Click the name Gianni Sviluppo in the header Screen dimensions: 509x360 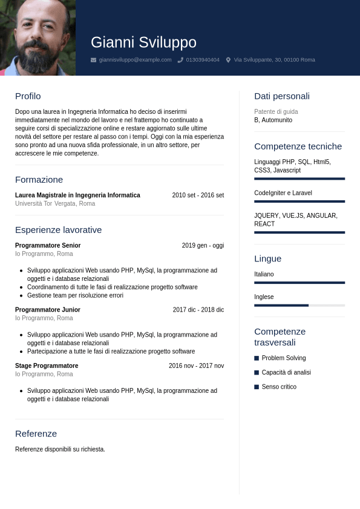click(143, 42)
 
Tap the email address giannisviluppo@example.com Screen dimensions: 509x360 click(135, 60)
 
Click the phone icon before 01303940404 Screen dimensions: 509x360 click(180, 60)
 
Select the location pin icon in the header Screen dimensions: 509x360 click(228, 60)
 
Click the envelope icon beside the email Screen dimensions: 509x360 click(93, 60)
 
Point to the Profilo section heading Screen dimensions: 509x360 click(28, 96)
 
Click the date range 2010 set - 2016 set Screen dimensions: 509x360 click(198, 195)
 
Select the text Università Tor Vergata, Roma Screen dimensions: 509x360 click(55, 204)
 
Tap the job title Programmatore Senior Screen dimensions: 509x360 click(48, 246)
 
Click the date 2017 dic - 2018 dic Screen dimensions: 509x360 click(198, 310)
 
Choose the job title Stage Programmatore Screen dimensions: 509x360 click(47, 366)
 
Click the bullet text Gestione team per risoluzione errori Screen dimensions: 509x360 click(75, 296)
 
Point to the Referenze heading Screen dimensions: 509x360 click(36, 434)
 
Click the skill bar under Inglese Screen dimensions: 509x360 click(299, 306)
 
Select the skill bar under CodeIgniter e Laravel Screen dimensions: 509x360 click(299, 202)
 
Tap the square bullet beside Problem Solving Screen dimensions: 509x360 click(257, 358)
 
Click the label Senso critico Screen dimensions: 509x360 click(279, 387)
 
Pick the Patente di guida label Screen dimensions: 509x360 click(276, 112)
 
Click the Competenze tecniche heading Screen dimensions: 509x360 click(298, 146)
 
